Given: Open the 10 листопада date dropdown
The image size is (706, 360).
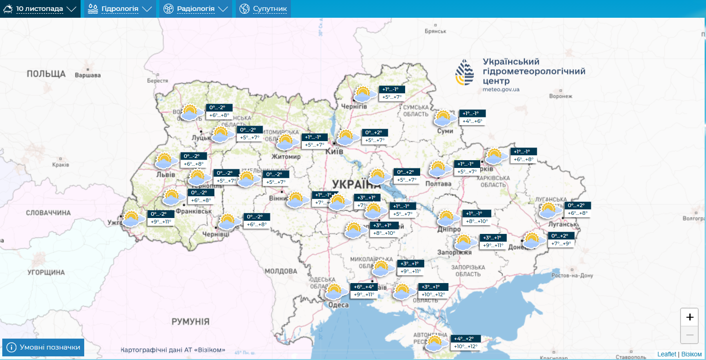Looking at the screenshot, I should (40, 9).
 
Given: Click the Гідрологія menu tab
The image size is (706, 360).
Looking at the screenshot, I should (120, 9).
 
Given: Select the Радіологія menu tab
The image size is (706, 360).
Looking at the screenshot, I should (195, 9).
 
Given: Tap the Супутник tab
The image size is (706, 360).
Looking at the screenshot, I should (264, 9).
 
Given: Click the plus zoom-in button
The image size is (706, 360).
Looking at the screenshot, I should (689, 317).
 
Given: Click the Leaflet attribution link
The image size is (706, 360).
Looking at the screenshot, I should (666, 354).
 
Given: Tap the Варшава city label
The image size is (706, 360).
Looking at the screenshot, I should (87, 75).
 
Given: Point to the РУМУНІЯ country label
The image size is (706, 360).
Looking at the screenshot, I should (190, 322).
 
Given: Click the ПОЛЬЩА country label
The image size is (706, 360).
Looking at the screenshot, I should (46, 74).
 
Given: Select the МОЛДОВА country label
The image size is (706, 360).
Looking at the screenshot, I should (281, 271).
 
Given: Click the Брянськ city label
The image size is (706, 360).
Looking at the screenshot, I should (435, 31).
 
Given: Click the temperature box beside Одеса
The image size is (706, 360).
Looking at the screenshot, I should (364, 290).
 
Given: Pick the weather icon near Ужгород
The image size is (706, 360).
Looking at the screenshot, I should (132, 218).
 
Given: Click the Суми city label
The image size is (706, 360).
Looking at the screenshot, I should (445, 131).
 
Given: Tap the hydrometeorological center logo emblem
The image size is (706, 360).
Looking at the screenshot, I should (465, 72).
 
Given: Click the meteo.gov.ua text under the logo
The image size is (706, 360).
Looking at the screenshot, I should (501, 90).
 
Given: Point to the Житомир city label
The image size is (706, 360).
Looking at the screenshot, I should (286, 157).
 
